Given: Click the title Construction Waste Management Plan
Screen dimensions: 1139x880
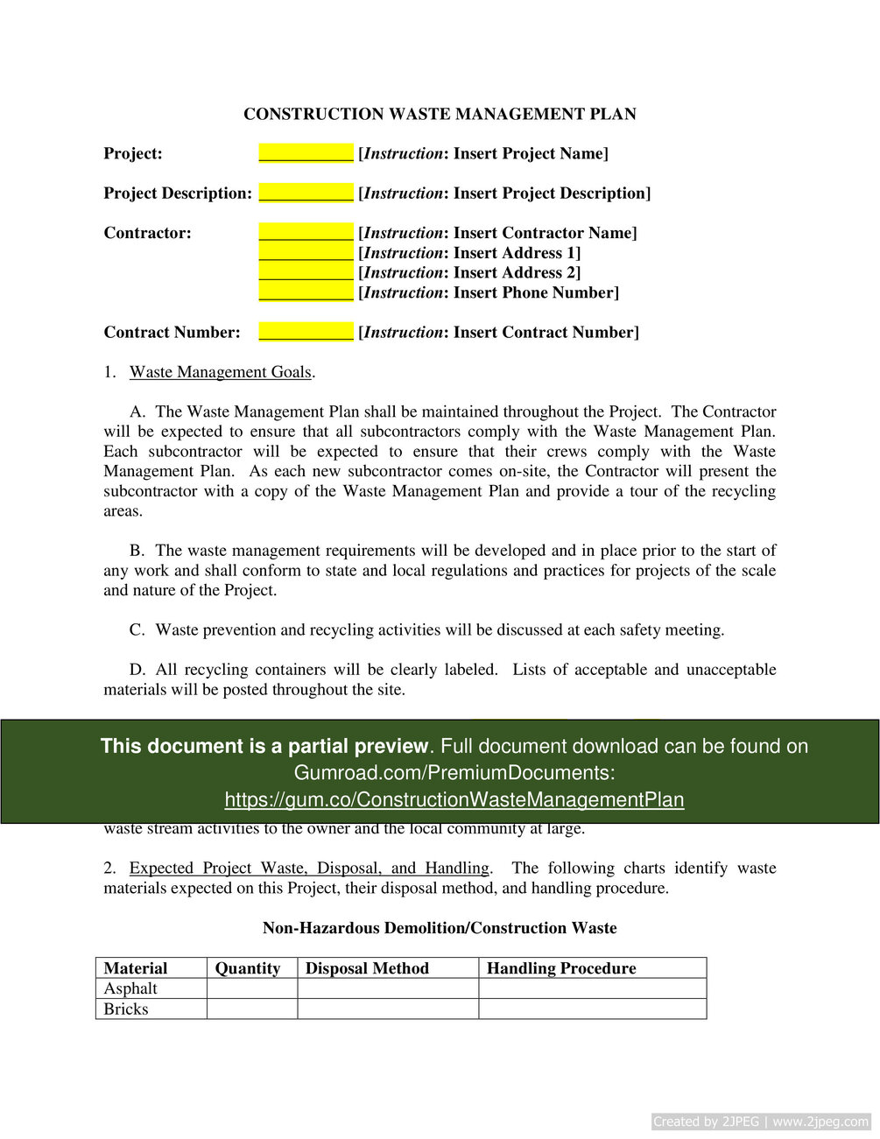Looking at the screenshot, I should [440, 114].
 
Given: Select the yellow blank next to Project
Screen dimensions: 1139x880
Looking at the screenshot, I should [306, 153].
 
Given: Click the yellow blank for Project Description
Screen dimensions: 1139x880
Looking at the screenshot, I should [306, 193].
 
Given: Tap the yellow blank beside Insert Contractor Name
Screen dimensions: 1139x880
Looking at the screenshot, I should [306, 233].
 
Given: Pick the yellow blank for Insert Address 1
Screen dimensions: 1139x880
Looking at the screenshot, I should [306, 253].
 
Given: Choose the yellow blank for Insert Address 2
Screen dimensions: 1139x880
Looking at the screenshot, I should [306, 272].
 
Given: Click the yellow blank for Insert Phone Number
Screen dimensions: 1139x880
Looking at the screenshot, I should [306, 292].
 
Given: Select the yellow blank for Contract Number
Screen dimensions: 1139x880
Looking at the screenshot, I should [306, 332].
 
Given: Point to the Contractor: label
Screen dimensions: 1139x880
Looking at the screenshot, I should [147, 233].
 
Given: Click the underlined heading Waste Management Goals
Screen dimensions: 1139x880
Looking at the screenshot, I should [221, 372].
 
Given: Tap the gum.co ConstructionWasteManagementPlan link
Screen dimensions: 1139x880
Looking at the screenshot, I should [454, 799].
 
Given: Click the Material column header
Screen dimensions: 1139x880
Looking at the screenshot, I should [136, 968].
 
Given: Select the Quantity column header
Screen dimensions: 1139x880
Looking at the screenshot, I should [248, 968].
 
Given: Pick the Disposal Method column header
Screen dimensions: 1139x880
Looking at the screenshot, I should [367, 968].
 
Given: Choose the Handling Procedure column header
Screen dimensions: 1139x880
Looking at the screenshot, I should [561, 968].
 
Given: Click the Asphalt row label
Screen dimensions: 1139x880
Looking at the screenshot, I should [130, 988].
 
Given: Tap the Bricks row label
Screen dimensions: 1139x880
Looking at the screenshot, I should [126, 1009].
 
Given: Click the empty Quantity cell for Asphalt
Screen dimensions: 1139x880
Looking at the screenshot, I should [252, 988].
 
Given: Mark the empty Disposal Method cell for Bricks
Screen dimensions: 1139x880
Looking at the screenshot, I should [388, 1009].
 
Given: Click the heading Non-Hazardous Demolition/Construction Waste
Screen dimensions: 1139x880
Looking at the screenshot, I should [440, 928].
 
